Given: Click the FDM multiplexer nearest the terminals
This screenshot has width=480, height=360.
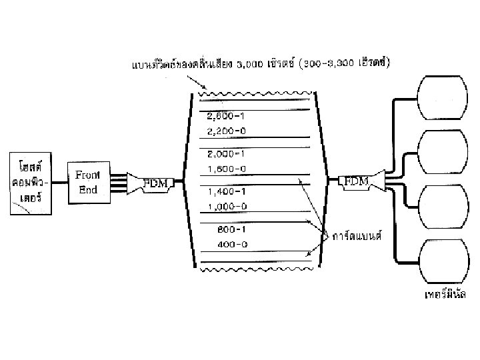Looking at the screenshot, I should pyautogui.click(x=355, y=180).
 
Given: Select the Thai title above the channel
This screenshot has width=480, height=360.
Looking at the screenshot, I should pyautogui.click(x=261, y=65).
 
